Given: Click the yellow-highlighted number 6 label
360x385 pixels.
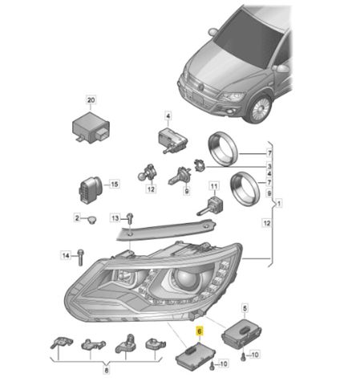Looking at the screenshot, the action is [x=200, y=331].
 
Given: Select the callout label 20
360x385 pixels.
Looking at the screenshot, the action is [x=91, y=100].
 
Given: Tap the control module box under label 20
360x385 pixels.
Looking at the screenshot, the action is [x=91, y=127].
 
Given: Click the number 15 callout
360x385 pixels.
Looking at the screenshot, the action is [x=114, y=184].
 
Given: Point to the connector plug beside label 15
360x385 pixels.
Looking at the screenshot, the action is [x=91, y=189].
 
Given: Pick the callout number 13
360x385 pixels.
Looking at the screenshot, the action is [x=115, y=218].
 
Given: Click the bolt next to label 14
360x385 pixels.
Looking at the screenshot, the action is [x=80, y=257].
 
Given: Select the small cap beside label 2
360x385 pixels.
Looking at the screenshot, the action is [x=92, y=220].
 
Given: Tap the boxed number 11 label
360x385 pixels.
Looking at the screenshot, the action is [x=214, y=186].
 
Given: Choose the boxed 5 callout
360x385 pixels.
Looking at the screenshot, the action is [x=245, y=308].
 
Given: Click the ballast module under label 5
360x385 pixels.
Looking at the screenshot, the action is [x=241, y=334].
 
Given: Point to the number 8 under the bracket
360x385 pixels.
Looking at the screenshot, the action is [x=107, y=371].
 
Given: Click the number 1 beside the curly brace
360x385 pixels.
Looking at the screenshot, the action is [x=279, y=204].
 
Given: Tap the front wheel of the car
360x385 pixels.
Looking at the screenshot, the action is [x=260, y=108].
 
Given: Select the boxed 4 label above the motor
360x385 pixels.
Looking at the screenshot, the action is [x=168, y=116].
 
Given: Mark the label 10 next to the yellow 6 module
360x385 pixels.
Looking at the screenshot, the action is [x=224, y=363].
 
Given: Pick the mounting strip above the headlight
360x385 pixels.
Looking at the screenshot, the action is [x=166, y=229].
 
